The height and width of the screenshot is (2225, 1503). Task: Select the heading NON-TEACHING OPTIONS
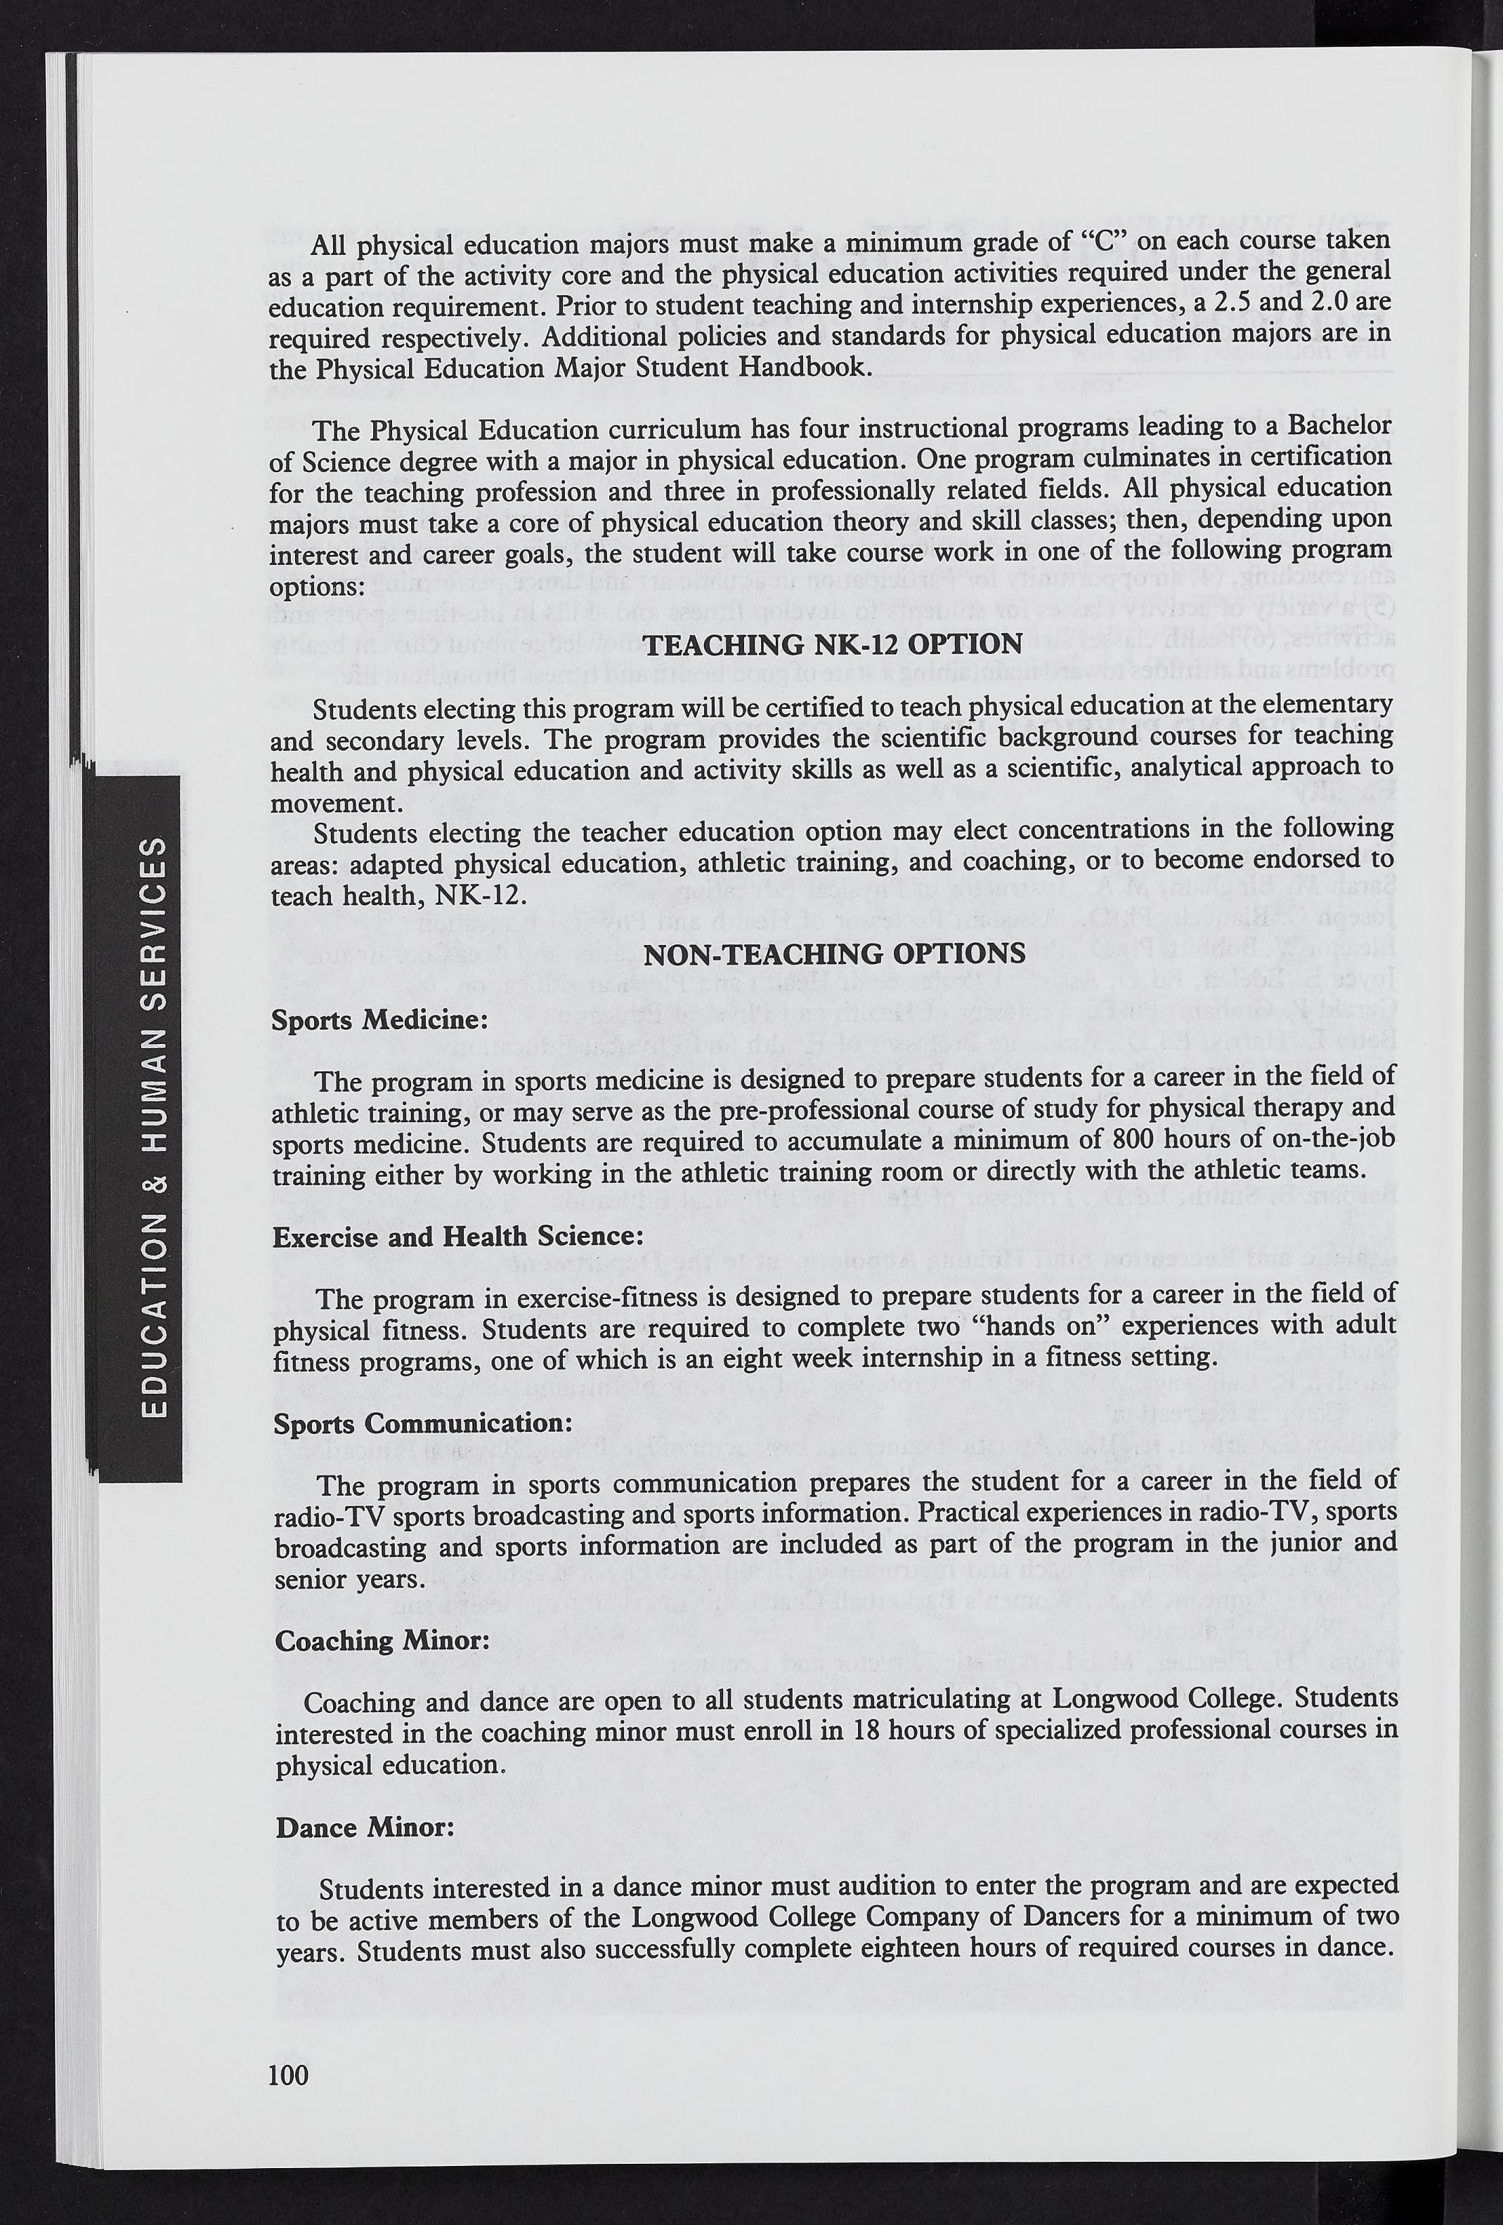(835, 953)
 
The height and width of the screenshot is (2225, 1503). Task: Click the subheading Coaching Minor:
(382, 1640)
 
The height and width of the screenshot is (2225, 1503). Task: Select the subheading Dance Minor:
(365, 1827)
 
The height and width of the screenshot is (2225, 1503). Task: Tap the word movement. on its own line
(320, 802)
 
